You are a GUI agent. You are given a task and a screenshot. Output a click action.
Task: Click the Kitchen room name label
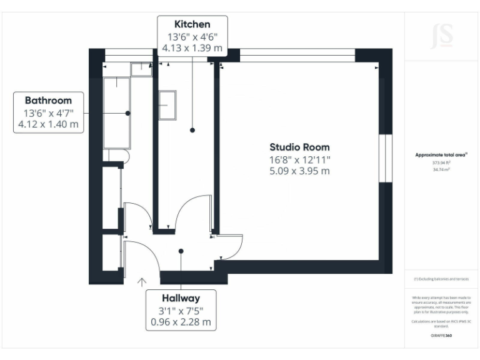point(192,24)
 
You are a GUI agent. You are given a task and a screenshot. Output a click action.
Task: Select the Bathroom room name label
point(48,100)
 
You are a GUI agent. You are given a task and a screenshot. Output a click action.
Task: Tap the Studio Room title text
point(299,147)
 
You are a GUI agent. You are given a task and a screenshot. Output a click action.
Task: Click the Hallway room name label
point(181,298)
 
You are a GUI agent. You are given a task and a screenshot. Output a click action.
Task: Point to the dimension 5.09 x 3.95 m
point(299,171)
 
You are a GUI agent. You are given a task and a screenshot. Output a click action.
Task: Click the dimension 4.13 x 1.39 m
point(192,47)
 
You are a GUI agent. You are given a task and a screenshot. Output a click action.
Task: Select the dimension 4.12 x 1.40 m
point(48,124)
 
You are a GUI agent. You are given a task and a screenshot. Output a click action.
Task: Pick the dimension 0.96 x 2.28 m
point(181,322)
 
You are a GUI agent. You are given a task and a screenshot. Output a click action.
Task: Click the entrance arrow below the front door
point(142,282)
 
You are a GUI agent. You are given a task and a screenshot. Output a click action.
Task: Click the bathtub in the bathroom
point(116,111)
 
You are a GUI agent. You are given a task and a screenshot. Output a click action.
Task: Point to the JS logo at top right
point(442,36)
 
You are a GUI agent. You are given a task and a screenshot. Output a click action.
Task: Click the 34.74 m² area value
point(442,169)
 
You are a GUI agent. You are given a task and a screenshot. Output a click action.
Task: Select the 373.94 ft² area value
point(442,162)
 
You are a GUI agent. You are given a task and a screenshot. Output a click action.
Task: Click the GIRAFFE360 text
point(442,336)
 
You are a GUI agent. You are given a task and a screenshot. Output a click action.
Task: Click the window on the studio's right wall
point(386,159)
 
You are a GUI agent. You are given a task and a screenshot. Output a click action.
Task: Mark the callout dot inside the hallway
point(181,252)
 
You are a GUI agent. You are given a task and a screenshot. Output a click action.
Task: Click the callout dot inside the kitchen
point(192,130)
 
